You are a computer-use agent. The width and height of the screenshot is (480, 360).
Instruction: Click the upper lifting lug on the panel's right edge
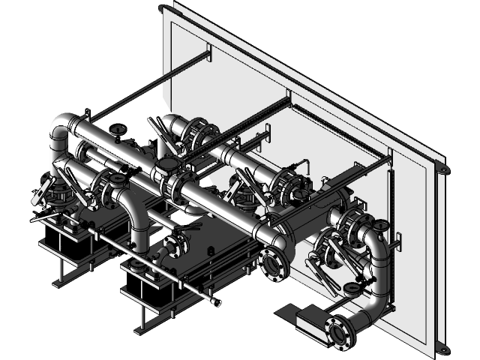click(x=443, y=170)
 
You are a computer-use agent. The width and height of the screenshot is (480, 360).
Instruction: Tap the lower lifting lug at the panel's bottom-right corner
click(x=442, y=349)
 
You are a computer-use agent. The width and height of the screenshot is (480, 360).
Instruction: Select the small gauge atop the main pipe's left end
click(x=117, y=132)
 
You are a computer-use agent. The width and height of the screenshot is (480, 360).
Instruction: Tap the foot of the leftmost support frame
click(x=57, y=283)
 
